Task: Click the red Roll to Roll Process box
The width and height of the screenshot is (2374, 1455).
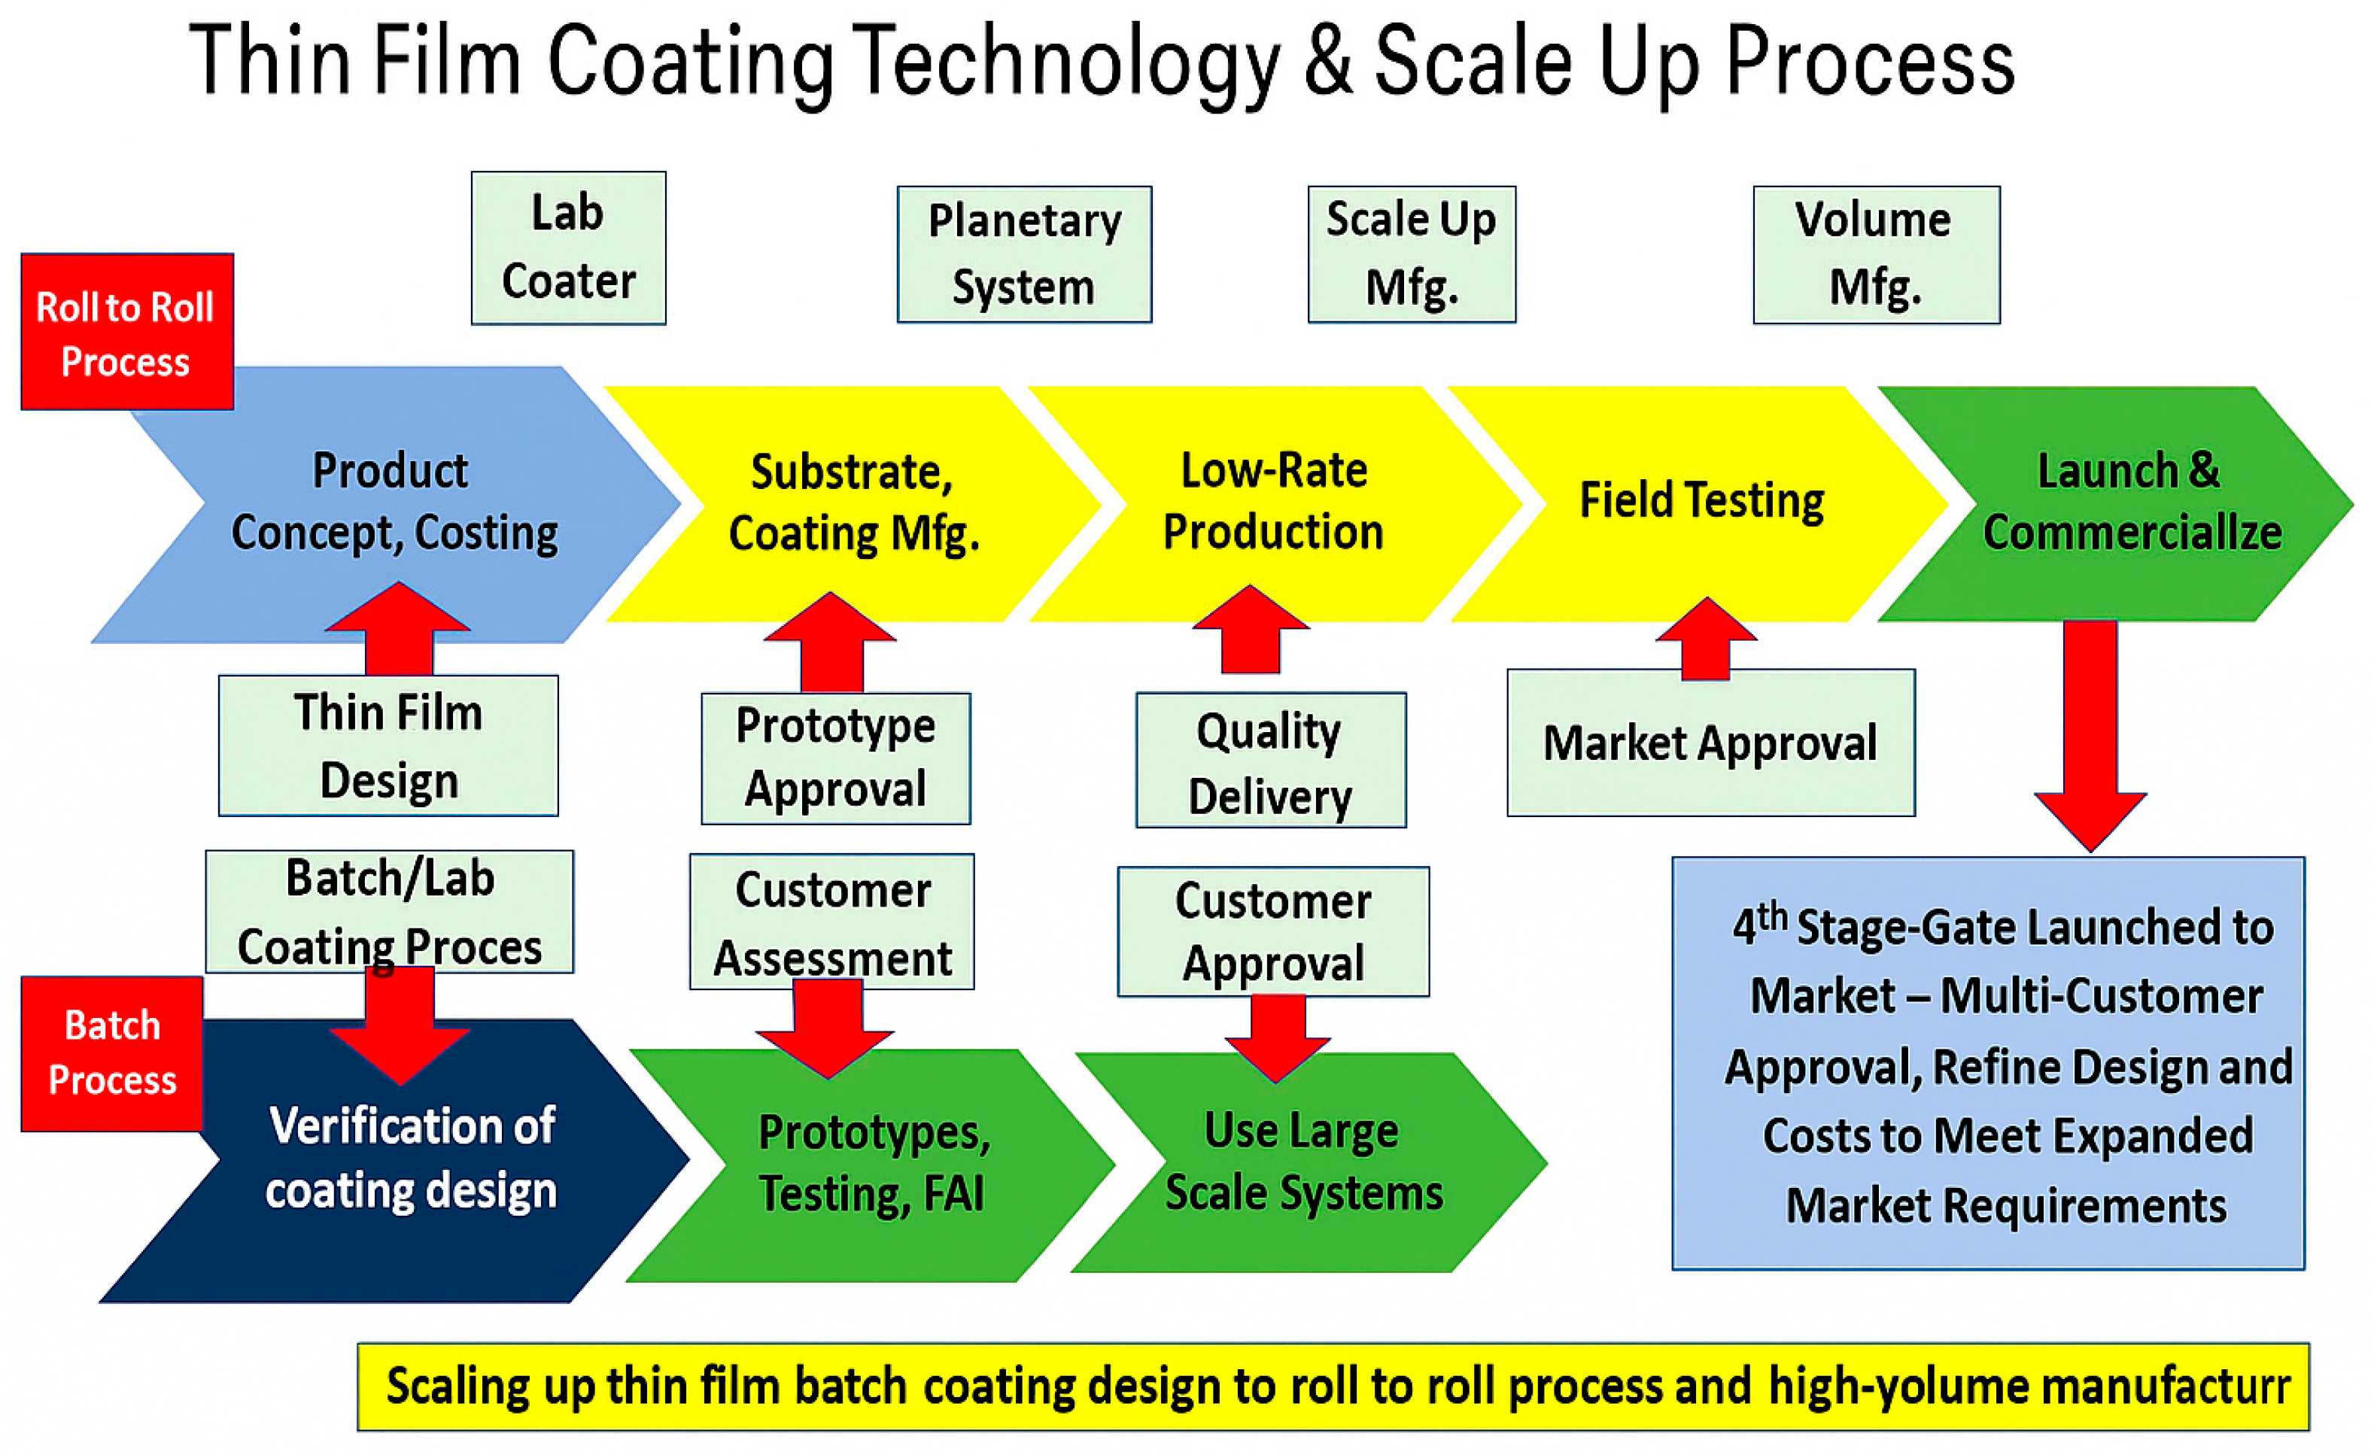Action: (126, 332)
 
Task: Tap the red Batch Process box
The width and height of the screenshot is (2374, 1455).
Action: (112, 1053)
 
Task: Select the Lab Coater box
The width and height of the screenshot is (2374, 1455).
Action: (568, 248)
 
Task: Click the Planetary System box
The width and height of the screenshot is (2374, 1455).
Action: (1024, 254)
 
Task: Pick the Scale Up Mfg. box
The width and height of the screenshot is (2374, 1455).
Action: (1412, 254)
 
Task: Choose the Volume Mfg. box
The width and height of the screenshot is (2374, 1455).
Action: (1876, 254)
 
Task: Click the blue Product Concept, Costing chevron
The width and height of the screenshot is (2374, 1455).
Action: (395, 503)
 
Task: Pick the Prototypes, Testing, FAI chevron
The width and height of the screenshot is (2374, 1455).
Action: (874, 1164)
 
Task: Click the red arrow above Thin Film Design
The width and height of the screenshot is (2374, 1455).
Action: (398, 628)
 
